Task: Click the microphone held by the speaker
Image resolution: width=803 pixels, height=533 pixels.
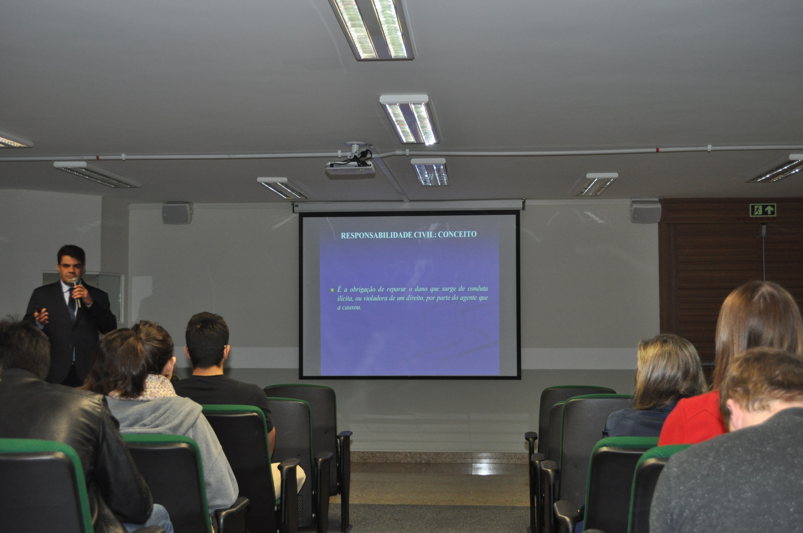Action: click(76, 292)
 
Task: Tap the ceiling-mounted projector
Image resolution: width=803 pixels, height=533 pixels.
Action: click(350, 168)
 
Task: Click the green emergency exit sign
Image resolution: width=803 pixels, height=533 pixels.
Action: click(763, 210)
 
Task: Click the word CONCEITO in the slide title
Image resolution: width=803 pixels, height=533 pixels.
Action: click(457, 234)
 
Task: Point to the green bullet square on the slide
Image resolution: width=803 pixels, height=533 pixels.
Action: click(332, 290)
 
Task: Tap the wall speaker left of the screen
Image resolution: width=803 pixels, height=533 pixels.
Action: click(177, 213)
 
